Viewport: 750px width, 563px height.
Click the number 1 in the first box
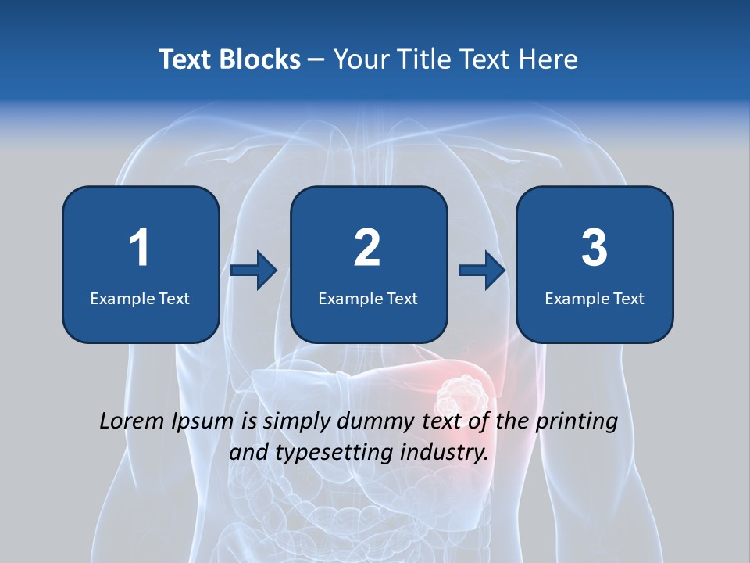click(139, 248)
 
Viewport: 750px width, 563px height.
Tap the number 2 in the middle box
click(367, 248)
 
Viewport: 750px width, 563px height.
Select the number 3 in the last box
click(595, 248)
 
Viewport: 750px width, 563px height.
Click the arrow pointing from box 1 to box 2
click(254, 271)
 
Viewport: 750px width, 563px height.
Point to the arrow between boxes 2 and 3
click(482, 271)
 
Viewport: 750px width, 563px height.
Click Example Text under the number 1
click(140, 299)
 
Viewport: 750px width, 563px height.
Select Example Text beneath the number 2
click(368, 299)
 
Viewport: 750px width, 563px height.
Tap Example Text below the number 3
click(595, 299)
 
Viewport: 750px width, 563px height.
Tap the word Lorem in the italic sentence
click(132, 421)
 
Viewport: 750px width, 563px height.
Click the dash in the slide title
click(317, 59)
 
